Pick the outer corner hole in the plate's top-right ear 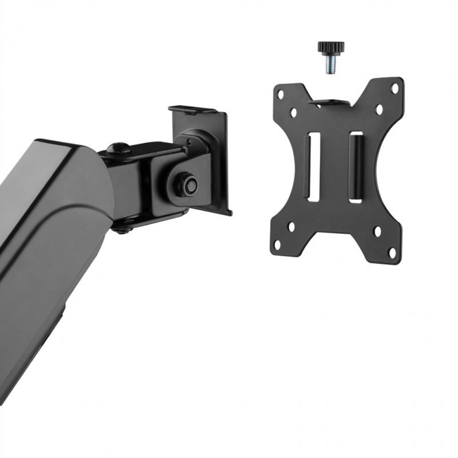pyautogui.click(x=394, y=88)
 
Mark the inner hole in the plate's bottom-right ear pyautogui.click(x=377, y=232)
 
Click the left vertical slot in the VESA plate pyautogui.click(x=314, y=167)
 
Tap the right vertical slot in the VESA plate pyautogui.click(x=356, y=167)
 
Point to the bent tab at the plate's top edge pyautogui.click(x=331, y=103)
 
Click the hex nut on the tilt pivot pyautogui.click(x=189, y=184)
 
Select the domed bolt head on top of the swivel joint pyautogui.click(x=119, y=148)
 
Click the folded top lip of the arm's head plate pyautogui.click(x=192, y=109)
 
